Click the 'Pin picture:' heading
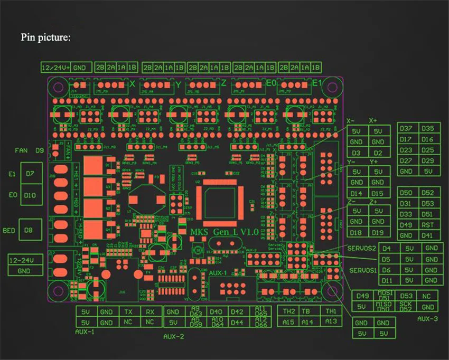(x=45, y=37)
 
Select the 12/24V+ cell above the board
(x=55, y=68)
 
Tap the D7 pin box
(x=30, y=174)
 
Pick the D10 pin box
(x=30, y=195)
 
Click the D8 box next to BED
(x=30, y=230)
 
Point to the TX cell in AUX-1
(x=128, y=311)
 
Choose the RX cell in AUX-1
(x=150, y=311)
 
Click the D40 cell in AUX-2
(x=216, y=311)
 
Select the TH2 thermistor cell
(x=288, y=311)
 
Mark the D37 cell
(x=406, y=129)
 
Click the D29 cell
(x=428, y=161)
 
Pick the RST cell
(x=428, y=225)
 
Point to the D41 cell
(x=428, y=235)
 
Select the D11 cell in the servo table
(x=387, y=280)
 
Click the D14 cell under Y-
(x=357, y=193)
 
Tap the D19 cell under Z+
(x=378, y=232)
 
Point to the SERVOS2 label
(x=362, y=248)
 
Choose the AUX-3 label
(x=427, y=319)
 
